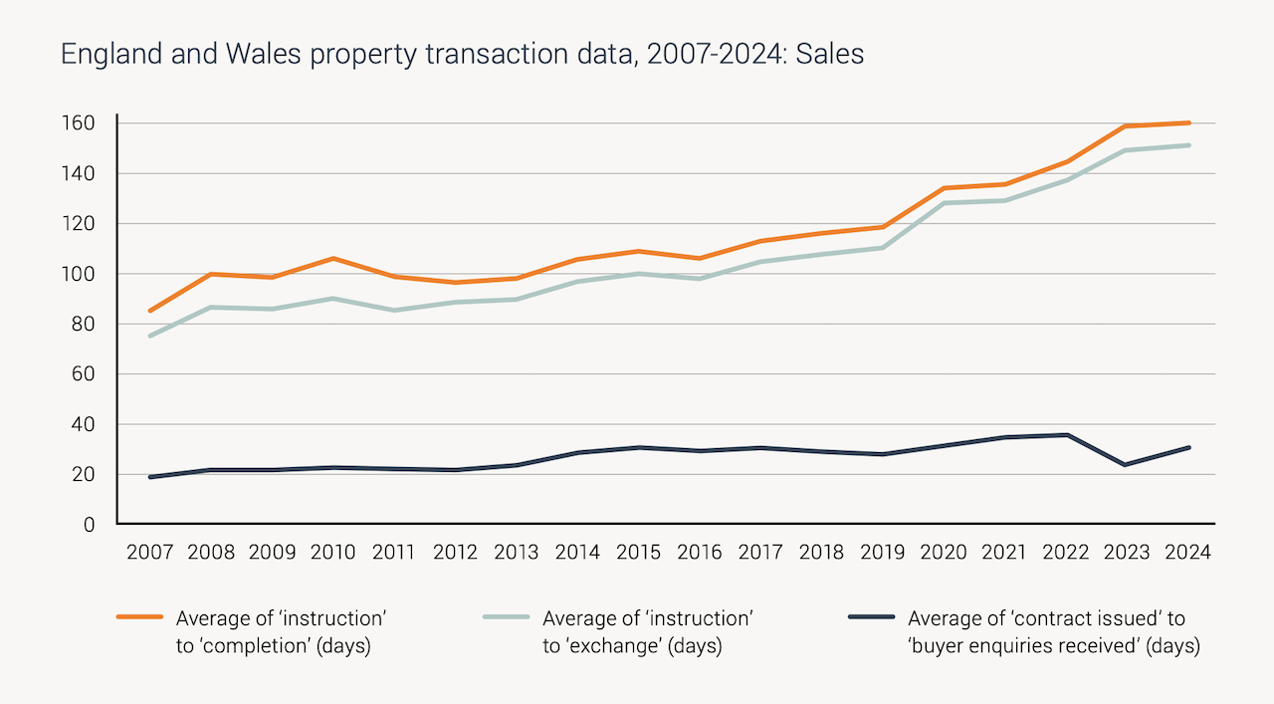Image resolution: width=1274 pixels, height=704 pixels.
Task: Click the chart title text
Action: point(462,54)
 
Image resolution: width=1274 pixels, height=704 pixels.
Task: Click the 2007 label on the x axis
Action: point(150,553)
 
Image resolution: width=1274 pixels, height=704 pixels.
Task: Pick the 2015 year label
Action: point(638,553)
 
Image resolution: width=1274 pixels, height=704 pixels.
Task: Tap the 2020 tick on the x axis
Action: point(944,553)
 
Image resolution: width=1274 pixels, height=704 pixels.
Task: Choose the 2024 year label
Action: point(1187,553)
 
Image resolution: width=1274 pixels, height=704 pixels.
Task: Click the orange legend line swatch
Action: point(139,617)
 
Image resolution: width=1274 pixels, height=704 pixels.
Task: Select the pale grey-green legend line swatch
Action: point(506,617)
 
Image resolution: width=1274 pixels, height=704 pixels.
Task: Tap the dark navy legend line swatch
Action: point(872,617)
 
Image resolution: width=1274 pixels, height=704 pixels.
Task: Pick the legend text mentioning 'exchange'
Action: point(646,632)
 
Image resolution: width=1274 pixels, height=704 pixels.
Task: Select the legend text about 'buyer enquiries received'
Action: point(1053,632)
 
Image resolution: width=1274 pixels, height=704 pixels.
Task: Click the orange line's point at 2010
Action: point(333,259)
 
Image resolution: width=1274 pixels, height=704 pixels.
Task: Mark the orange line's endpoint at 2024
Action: point(1188,123)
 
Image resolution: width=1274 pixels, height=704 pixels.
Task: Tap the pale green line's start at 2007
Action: point(150,336)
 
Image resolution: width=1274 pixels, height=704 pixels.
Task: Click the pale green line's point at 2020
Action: point(944,203)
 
